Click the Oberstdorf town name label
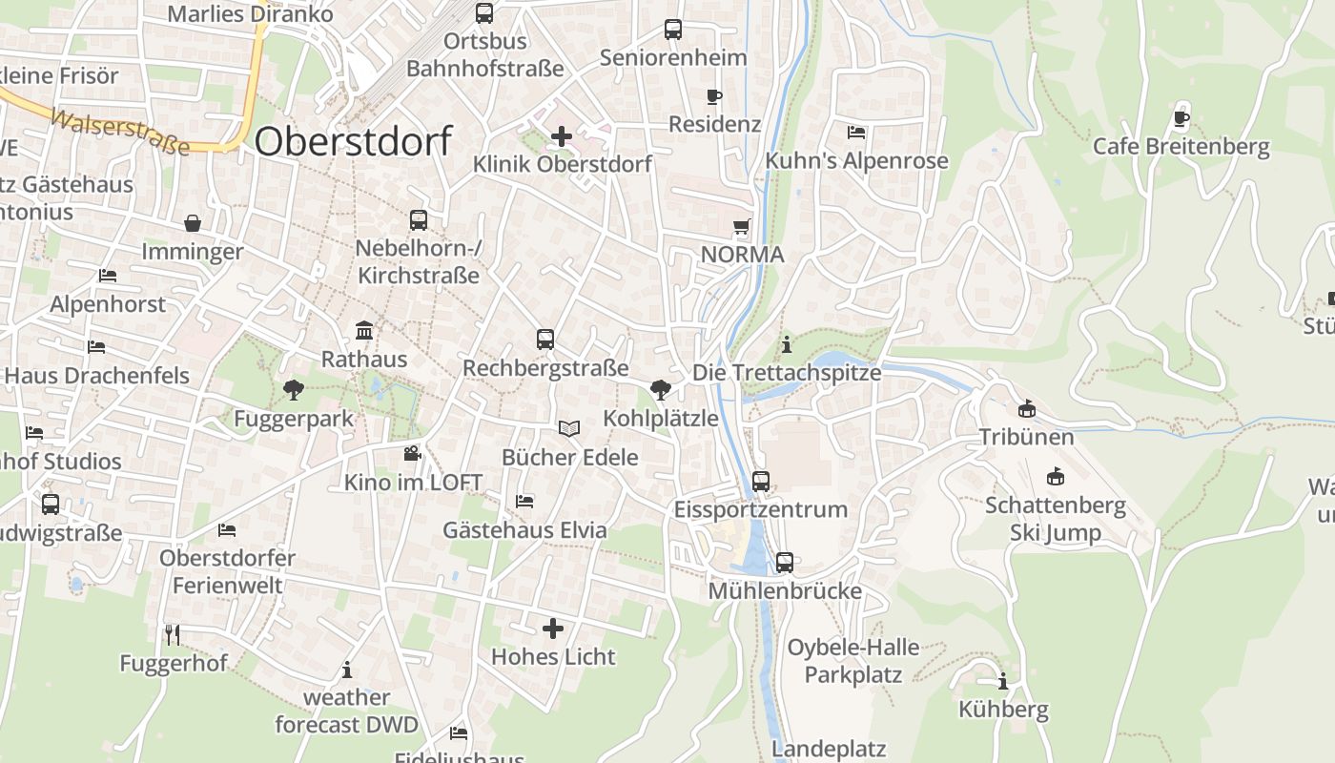pyautogui.click(x=353, y=141)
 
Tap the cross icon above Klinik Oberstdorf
pyautogui.click(x=562, y=136)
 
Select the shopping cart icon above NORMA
pyautogui.click(x=741, y=227)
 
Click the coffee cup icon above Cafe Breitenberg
pyautogui.click(x=1181, y=118)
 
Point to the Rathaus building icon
pyautogui.click(x=364, y=331)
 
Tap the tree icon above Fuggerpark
pyautogui.click(x=293, y=389)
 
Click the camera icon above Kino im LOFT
pyautogui.click(x=412, y=453)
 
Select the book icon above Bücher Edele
pyautogui.click(x=569, y=429)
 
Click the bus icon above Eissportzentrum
pyautogui.click(x=760, y=481)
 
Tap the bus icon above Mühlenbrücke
pyautogui.click(x=784, y=563)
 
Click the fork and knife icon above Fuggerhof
pyautogui.click(x=173, y=634)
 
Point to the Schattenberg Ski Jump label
pyautogui.click(x=1055, y=518)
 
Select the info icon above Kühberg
pyautogui.click(x=1002, y=681)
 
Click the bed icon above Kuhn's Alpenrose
pyautogui.click(x=856, y=132)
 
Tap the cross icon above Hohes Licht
pyautogui.click(x=553, y=629)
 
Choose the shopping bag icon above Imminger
pyautogui.click(x=193, y=223)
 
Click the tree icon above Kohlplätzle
pyautogui.click(x=659, y=389)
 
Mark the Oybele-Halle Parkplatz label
pyautogui.click(x=852, y=660)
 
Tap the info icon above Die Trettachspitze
pyautogui.click(x=786, y=343)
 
